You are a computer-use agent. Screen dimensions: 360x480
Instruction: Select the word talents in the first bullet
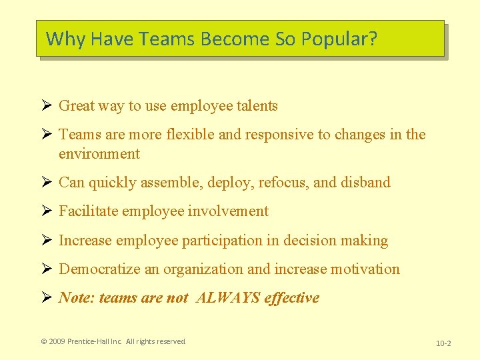tap(256, 105)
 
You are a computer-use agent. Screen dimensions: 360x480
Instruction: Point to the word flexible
tap(190, 134)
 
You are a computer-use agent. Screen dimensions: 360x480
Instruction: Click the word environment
tap(99, 153)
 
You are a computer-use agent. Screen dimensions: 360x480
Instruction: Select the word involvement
tap(228, 211)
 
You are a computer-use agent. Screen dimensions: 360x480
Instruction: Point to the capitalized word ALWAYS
tap(228, 297)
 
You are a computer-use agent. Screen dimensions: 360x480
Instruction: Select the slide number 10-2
tap(443, 343)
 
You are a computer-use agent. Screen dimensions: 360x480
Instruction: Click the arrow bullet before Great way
tap(46, 105)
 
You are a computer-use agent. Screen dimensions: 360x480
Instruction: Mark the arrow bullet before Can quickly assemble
tap(46, 182)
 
